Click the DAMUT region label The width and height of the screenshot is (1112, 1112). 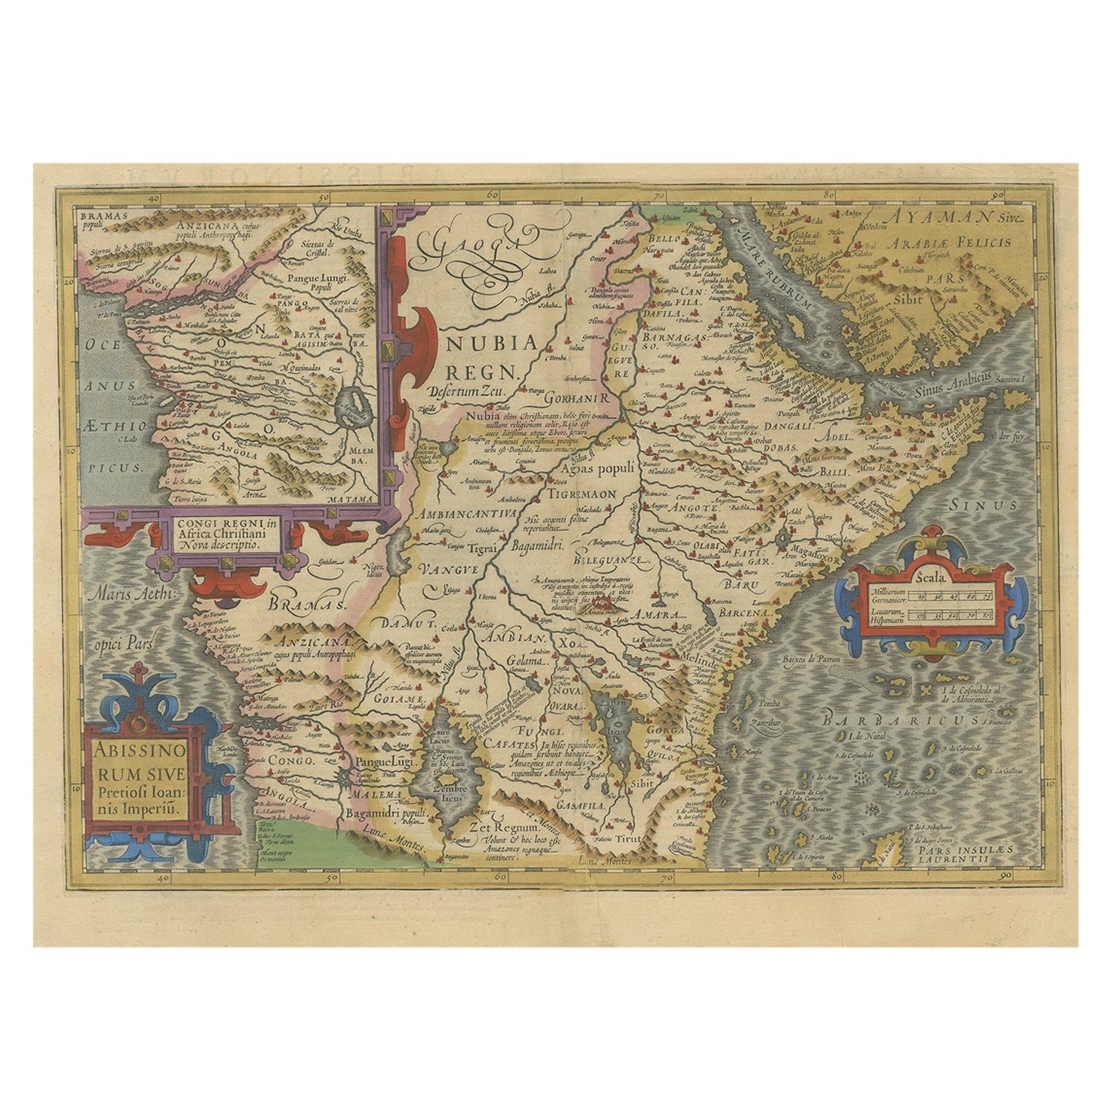pyautogui.click(x=396, y=624)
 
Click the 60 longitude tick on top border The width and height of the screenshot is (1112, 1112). pyautogui.click(x=493, y=195)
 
